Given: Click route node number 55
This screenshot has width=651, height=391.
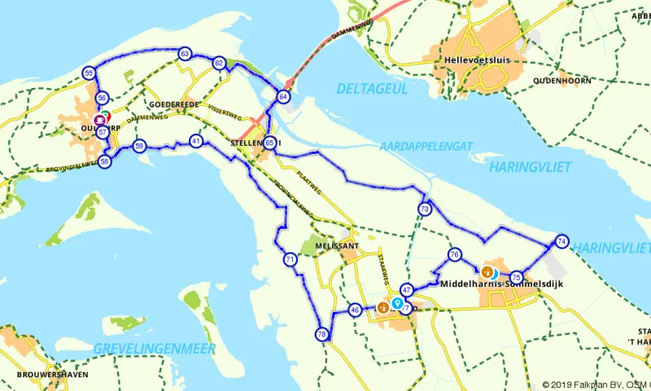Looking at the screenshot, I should [89, 73].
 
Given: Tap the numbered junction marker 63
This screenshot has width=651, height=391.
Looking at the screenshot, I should [186, 54].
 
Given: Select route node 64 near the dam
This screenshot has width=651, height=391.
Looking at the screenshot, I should [283, 96].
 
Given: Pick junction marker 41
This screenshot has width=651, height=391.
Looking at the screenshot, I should [196, 140].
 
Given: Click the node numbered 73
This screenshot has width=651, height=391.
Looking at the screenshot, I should [425, 209].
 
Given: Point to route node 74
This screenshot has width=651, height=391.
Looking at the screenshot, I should [561, 241].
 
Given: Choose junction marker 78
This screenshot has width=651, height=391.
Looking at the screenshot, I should [322, 334].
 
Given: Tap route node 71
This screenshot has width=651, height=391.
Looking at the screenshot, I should [290, 260].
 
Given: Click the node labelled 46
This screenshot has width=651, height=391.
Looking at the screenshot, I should [355, 310].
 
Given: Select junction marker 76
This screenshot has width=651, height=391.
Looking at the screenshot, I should [455, 255].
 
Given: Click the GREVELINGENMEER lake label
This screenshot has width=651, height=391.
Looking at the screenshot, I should [155, 349].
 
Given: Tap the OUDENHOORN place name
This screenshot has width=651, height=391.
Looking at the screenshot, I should [561, 81].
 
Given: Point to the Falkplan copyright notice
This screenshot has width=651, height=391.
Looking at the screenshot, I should [595, 385].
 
